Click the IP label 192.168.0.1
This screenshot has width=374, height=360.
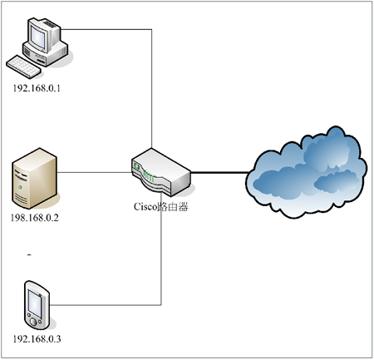(37, 88)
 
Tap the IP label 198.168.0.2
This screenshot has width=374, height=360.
(35, 218)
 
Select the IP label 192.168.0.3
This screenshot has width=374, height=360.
(37, 338)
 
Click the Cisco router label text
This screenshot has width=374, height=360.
(161, 207)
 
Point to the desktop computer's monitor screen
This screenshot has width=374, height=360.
(38, 37)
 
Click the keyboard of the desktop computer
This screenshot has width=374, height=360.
(23, 67)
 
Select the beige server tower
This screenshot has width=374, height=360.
(35, 178)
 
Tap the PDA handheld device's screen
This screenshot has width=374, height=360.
(35, 304)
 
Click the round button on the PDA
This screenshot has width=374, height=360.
(33, 322)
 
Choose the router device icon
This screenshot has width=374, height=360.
(161, 172)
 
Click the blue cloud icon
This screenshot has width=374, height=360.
(307, 172)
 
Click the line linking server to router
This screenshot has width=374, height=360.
(94, 172)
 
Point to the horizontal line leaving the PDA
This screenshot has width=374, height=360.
(106, 305)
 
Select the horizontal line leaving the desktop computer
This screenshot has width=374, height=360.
(106, 29)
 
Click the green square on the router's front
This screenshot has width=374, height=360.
(136, 166)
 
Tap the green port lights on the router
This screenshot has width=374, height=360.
(149, 176)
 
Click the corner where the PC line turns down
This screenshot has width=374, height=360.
(152, 29)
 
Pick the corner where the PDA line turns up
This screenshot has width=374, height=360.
(161, 305)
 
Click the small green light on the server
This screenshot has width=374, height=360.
(20, 187)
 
